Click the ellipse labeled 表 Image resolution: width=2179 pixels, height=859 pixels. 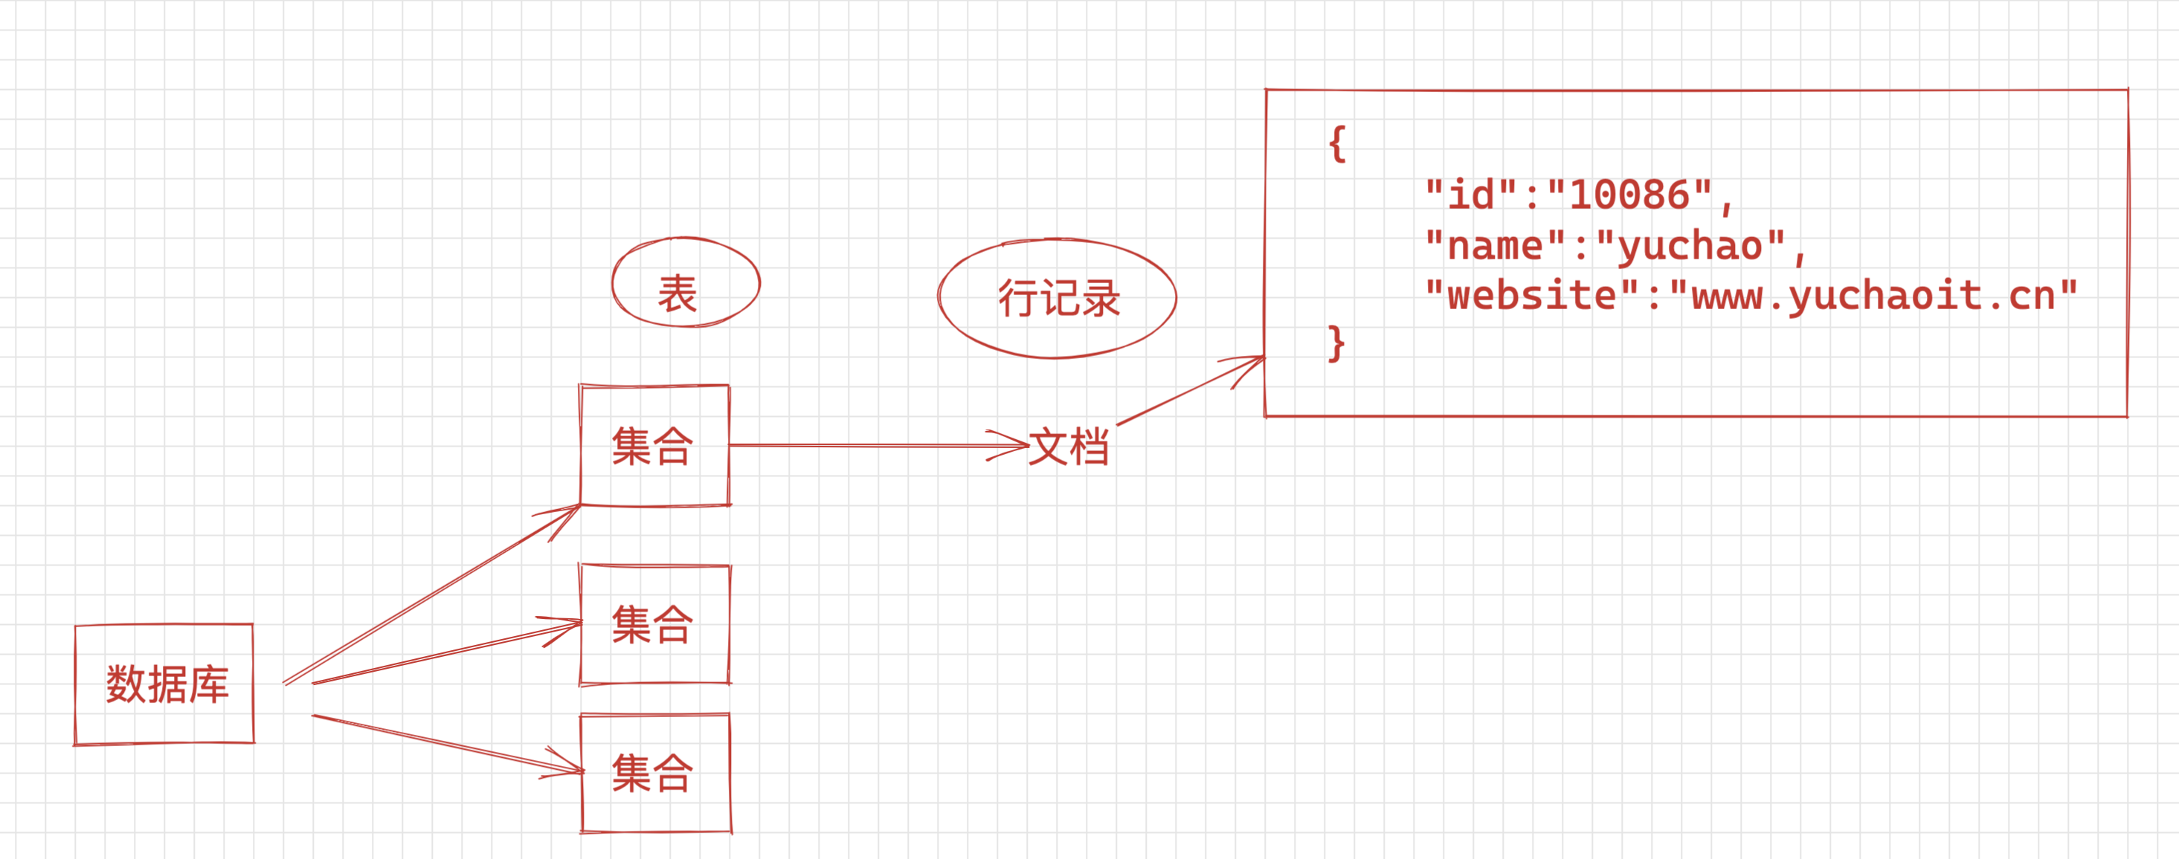pyautogui.click(x=685, y=282)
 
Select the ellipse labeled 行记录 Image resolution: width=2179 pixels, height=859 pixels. pyautogui.click(x=1057, y=299)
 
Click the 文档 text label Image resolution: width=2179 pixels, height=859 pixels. pyautogui.click(x=1069, y=447)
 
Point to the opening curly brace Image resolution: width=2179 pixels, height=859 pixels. pyautogui.click(x=1336, y=145)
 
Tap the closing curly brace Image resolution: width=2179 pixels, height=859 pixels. pyautogui.click(x=1336, y=343)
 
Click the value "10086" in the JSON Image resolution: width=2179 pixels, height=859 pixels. pyautogui.click(x=1629, y=195)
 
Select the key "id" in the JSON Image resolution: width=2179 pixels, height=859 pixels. pyautogui.click(x=1470, y=195)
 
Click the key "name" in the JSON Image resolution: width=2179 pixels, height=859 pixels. pyautogui.click(x=1495, y=246)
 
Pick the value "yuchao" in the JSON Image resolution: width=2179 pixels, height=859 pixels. pyautogui.click(x=1689, y=246)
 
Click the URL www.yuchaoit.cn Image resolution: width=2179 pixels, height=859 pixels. pyautogui.click(x=1873, y=296)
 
